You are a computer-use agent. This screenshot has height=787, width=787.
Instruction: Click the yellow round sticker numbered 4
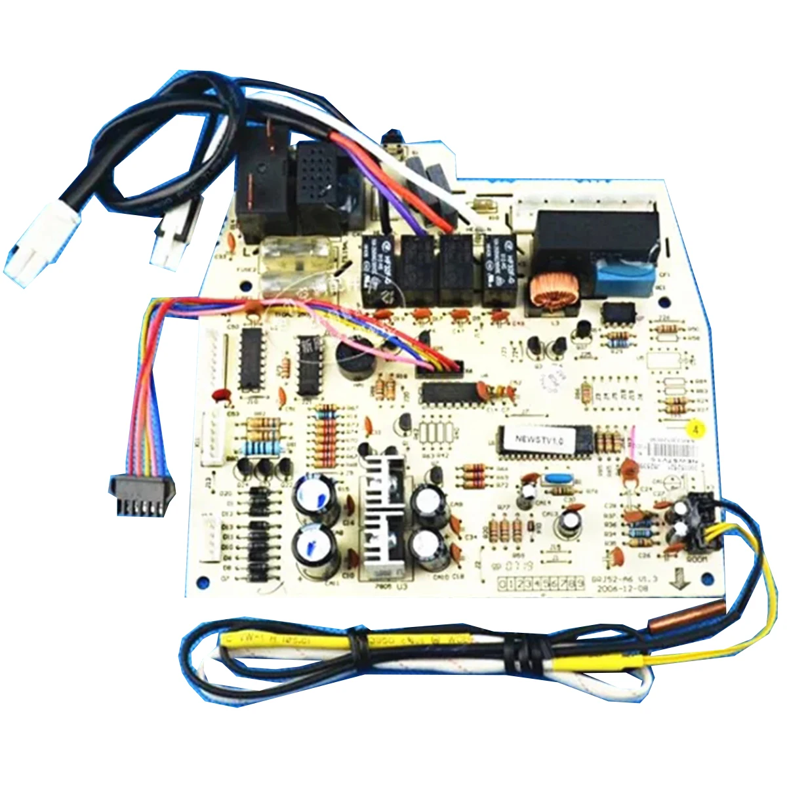[694, 425]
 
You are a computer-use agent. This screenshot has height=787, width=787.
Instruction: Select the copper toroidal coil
[546, 290]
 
